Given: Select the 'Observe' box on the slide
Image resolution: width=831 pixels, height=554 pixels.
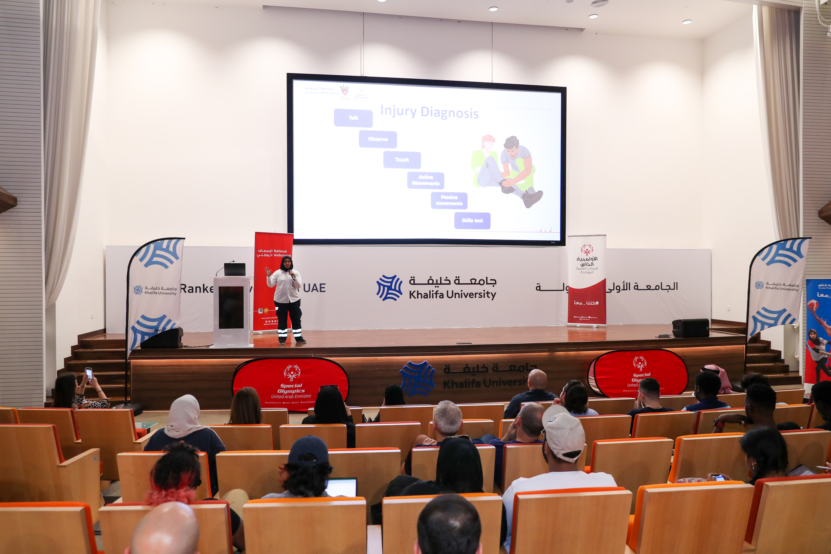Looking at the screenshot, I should [378, 139].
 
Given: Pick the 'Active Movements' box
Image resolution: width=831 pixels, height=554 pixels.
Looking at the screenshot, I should [425, 180].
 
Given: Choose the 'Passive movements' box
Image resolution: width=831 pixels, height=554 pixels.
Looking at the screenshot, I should [449, 200].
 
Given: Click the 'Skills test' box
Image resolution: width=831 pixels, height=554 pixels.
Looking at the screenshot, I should [472, 220].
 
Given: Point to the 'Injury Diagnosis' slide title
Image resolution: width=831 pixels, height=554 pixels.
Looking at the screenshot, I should [429, 112].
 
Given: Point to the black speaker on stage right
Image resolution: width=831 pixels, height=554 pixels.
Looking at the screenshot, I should [690, 328].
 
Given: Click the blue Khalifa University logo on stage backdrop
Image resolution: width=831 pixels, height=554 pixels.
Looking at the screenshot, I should [389, 288].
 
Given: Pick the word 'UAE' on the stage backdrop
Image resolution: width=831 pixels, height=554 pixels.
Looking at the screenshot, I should [314, 288].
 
